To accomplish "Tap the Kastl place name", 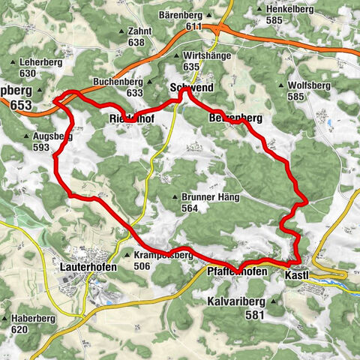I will tap(297, 275).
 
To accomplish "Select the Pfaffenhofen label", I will tap(235, 271).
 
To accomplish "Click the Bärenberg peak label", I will tap(182, 15).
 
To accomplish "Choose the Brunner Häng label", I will tap(205, 197).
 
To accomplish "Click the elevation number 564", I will tap(189, 208).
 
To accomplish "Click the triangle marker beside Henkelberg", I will tap(259, 9).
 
